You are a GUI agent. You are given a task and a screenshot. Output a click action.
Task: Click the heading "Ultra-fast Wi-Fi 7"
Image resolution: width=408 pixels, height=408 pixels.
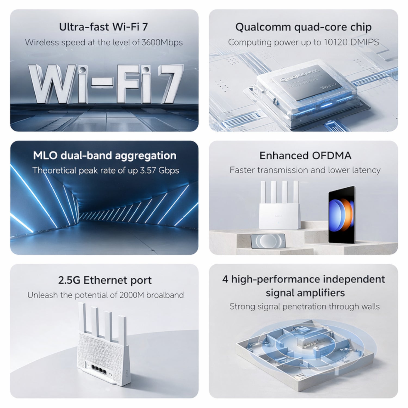click(x=103, y=27)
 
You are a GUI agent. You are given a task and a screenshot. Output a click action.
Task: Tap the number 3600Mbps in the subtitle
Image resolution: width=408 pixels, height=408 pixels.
click(x=162, y=42)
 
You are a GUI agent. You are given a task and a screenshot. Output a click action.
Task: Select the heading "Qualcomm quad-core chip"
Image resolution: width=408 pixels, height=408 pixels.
click(x=303, y=27)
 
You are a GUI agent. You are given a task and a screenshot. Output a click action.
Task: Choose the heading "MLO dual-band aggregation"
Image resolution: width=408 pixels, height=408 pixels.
click(x=104, y=156)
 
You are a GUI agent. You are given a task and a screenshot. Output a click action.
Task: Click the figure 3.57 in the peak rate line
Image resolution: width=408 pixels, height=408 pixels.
click(x=148, y=171)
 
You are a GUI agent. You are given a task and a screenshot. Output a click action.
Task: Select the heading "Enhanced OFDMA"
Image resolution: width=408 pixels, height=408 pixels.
click(x=305, y=156)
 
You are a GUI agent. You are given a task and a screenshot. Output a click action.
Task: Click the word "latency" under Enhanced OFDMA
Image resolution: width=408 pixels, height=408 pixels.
click(x=366, y=170)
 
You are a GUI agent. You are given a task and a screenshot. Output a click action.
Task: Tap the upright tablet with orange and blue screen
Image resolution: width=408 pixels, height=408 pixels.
click(x=342, y=215)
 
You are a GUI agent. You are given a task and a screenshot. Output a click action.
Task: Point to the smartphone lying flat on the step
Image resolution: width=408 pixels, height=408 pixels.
click(x=268, y=241)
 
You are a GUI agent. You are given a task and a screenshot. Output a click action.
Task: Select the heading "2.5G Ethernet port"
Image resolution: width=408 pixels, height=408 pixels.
click(x=105, y=280)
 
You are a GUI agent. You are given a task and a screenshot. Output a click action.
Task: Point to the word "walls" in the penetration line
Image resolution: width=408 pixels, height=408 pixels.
click(x=370, y=307)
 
